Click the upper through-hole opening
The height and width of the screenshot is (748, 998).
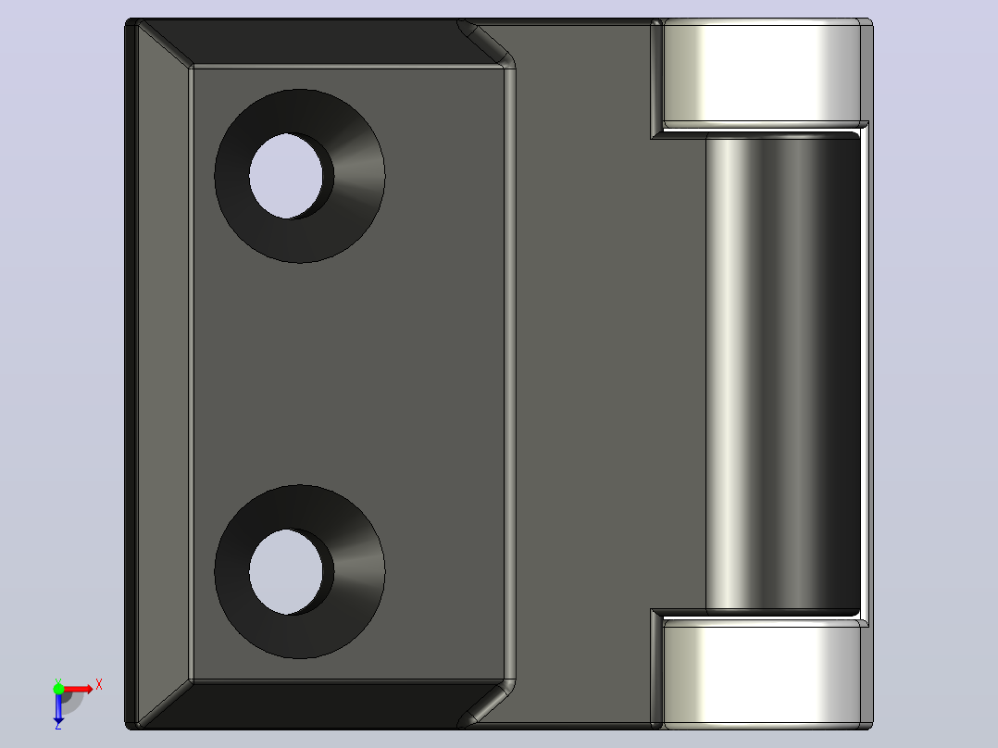click(286, 176)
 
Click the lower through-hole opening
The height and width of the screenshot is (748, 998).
click(286, 572)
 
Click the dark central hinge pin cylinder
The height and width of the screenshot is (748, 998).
click(783, 373)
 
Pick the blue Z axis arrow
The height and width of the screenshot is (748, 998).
click(58, 706)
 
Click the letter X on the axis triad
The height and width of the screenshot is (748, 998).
click(99, 685)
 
